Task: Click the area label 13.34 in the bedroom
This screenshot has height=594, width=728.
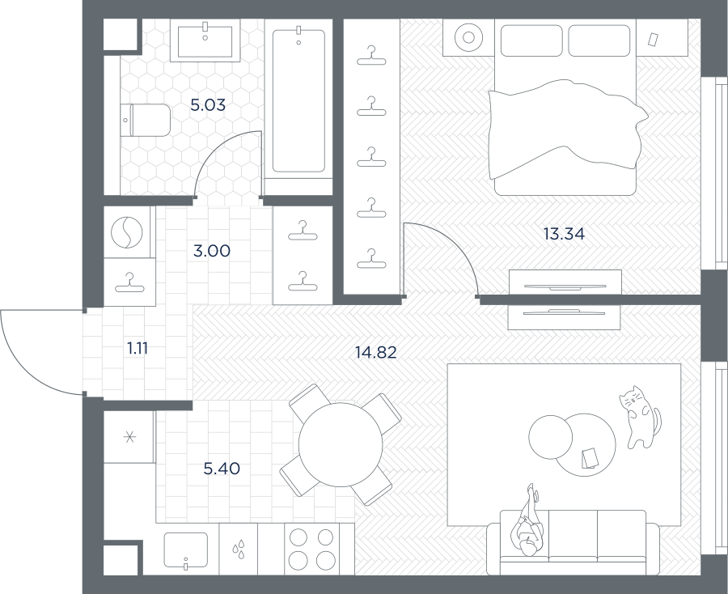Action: pyautogui.click(x=564, y=234)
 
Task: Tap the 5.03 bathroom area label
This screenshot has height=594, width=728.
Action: pyautogui.click(x=208, y=105)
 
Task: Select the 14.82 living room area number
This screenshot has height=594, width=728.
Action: pyautogui.click(x=376, y=353)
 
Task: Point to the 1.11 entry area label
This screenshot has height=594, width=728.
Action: pyautogui.click(x=138, y=348)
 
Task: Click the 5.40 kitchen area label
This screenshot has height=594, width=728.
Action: pyautogui.click(x=222, y=469)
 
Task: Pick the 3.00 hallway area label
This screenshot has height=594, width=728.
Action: pyautogui.click(x=212, y=251)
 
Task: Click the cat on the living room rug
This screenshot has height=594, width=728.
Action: pyautogui.click(x=639, y=417)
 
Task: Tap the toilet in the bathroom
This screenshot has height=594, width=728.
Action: pyautogui.click(x=146, y=120)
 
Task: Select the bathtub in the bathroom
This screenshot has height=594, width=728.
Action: pyautogui.click(x=298, y=101)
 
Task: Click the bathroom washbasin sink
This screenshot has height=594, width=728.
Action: pyautogui.click(x=205, y=40)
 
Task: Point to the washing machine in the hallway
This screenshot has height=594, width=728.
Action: pyautogui.click(x=127, y=232)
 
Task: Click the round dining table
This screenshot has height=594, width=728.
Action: pyautogui.click(x=341, y=444)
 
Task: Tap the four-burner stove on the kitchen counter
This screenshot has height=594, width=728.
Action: pyautogui.click(x=311, y=549)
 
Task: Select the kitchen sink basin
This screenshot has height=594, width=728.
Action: pyautogui.click(x=186, y=549)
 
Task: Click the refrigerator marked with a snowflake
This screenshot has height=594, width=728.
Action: pyautogui.click(x=129, y=436)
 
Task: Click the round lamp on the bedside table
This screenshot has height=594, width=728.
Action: pyautogui.click(x=468, y=37)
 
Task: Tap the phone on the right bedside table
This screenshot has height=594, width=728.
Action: pyautogui.click(x=654, y=39)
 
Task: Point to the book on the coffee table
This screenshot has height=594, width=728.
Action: pyautogui.click(x=590, y=458)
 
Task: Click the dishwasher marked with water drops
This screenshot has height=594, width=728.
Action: pyautogui.click(x=238, y=549)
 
